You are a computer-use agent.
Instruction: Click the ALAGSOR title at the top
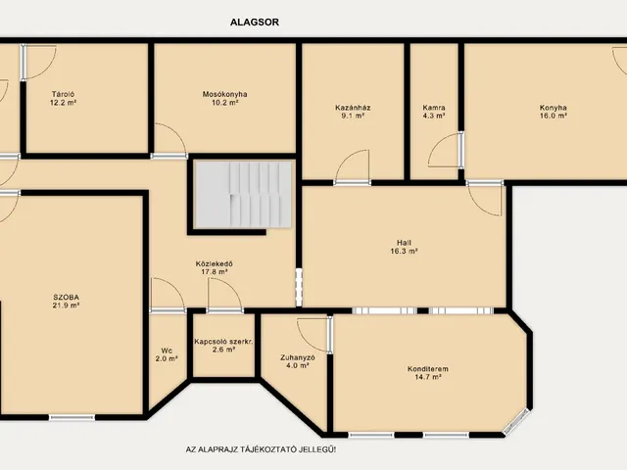click(255, 22)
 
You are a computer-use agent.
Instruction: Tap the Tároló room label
click(63, 94)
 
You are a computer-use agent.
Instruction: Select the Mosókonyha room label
click(224, 94)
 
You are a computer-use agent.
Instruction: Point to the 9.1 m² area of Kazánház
click(353, 116)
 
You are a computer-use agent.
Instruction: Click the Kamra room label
click(434, 108)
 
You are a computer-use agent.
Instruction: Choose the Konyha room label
click(553, 108)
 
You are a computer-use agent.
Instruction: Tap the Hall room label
click(404, 243)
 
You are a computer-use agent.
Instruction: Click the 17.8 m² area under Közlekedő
click(214, 272)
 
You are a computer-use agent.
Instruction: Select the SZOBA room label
click(66, 298)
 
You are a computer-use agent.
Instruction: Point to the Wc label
click(167, 351)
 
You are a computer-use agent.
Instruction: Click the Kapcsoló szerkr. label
click(223, 342)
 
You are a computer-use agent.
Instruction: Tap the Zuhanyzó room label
click(298, 357)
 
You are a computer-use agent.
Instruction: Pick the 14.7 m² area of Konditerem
click(428, 376)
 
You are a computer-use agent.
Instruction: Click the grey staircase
click(243, 195)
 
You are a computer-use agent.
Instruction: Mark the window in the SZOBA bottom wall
click(72, 418)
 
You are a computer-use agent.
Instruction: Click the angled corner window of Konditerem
click(516, 422)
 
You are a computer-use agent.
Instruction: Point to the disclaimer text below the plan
click(262, 449)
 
